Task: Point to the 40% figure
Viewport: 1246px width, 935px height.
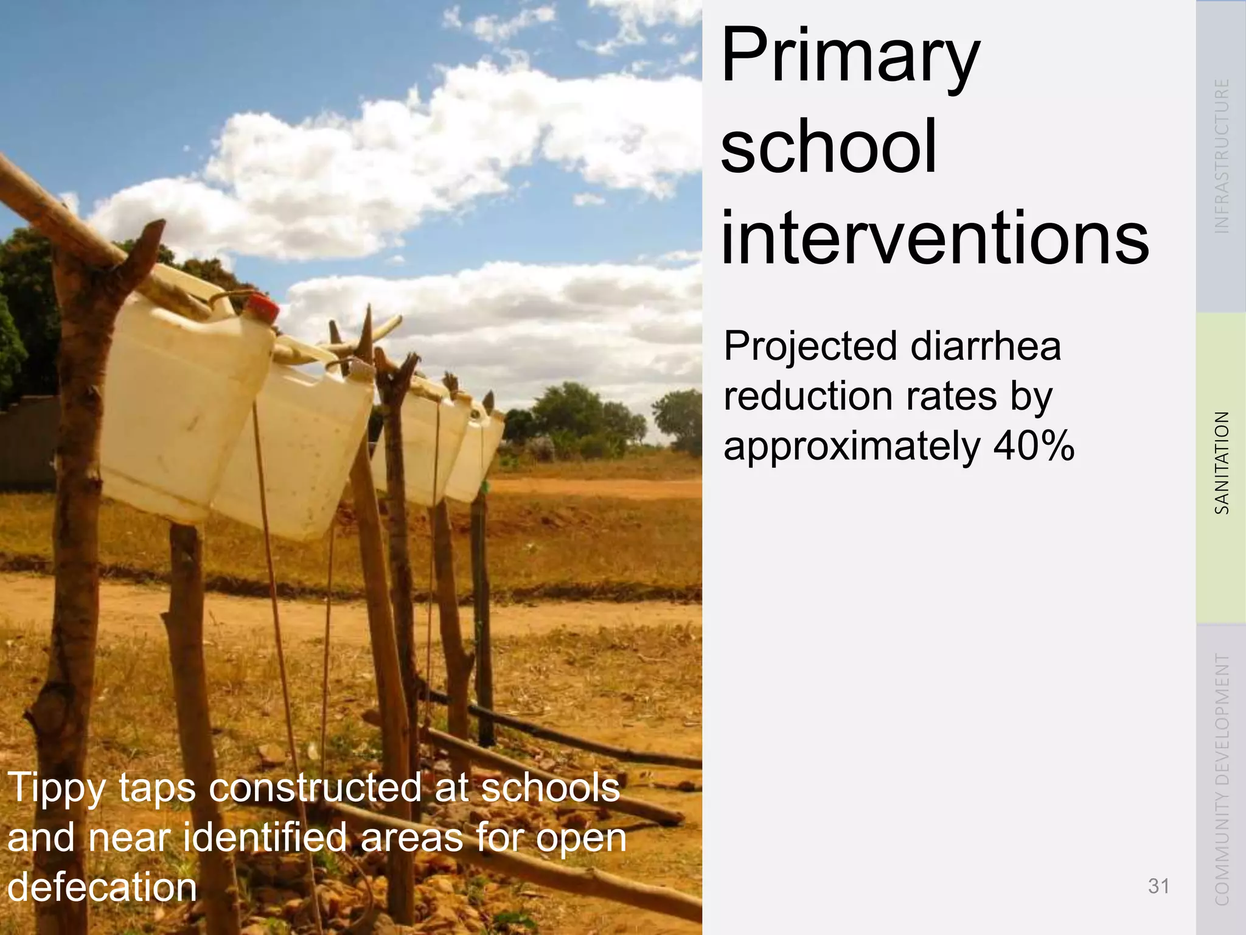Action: tap(1034, 446)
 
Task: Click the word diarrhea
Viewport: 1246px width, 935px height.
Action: tap(986, 346)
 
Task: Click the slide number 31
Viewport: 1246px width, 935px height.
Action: tap(1158, 886)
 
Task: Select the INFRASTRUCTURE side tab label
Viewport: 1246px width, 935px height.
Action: tap(1222, 156)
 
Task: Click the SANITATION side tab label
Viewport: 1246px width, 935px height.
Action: tap(1222, 463)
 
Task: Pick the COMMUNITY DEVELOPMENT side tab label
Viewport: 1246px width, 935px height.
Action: tap(1222, 779)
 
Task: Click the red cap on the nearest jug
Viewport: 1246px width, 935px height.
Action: tap(262, 307)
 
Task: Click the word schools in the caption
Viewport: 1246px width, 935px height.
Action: tap(551, 788)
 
